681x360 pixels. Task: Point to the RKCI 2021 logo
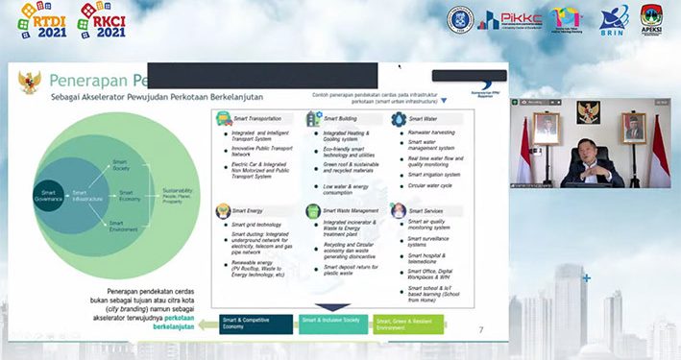point(102,19)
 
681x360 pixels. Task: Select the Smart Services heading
point(426,209)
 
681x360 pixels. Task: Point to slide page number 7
point(480,328)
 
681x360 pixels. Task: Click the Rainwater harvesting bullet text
point(433,132)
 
